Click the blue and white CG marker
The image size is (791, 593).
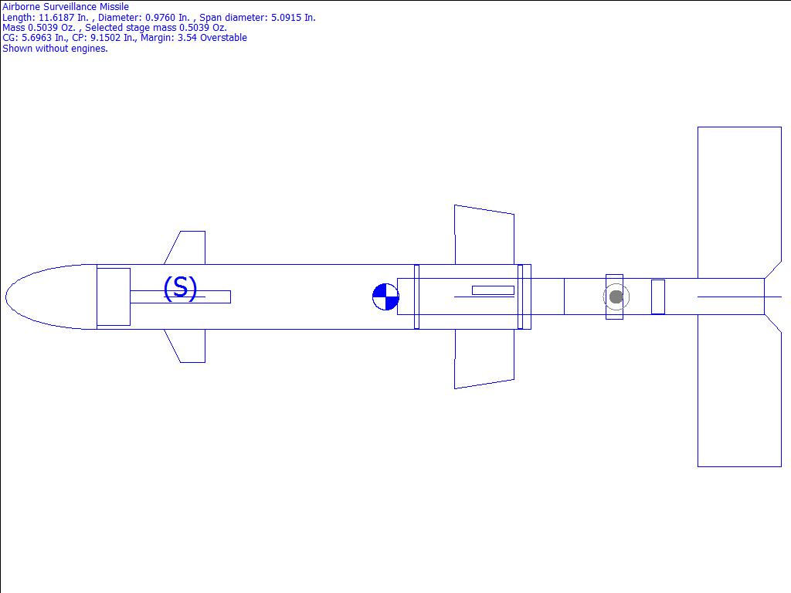(385, 297)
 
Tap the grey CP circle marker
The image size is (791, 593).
(616, 297)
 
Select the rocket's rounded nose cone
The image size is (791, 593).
(51, 297)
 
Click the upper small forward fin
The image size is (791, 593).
(188, 248)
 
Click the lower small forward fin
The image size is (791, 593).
(188, 346)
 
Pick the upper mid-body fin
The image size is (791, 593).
(484, 235)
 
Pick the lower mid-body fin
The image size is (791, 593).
(484, 358)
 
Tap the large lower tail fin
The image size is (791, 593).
(739, 391)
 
